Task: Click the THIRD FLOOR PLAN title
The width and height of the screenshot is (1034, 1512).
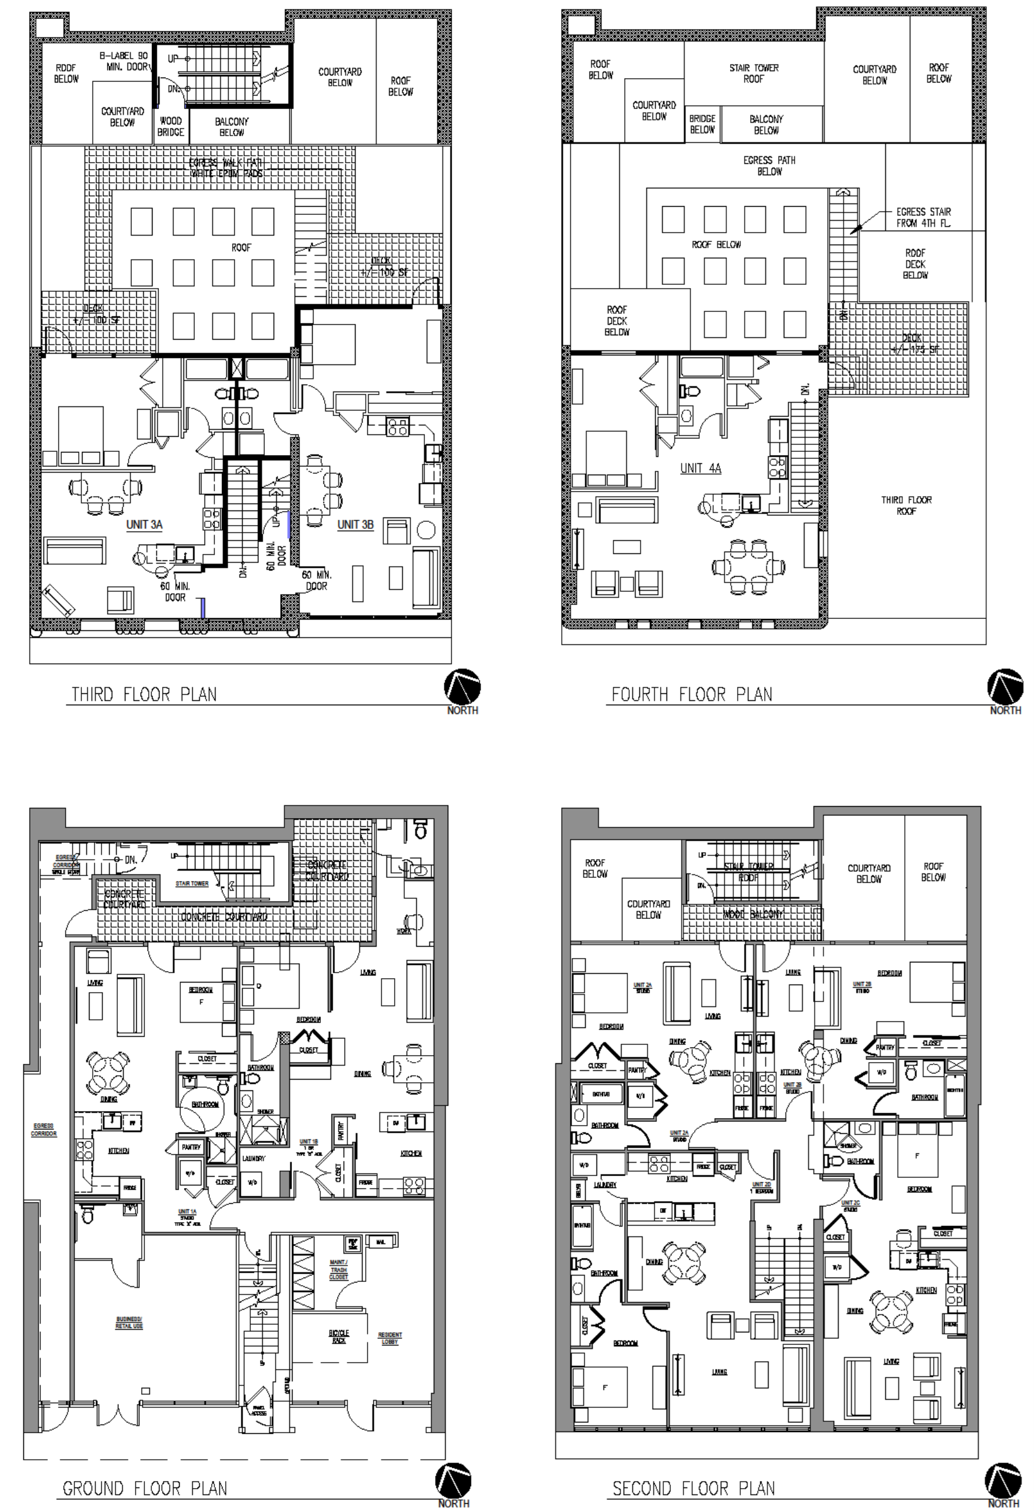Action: [144, 694]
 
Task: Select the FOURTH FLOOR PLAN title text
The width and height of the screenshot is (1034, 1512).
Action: [692, 694]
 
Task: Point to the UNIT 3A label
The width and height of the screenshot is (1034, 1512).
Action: [144, 524]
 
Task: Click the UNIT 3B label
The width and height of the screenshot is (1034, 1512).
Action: [356, 524]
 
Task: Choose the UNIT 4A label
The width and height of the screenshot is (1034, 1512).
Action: [700, 468]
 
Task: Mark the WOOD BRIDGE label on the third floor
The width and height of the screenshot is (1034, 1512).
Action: [170, 126]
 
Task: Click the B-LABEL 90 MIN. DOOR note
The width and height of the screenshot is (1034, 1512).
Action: [124, 61]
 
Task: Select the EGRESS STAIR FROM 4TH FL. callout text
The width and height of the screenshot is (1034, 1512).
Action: [923, 217]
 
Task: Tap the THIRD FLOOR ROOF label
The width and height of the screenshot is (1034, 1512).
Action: [907, 505]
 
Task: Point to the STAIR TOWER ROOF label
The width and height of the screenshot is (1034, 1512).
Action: [753, 73]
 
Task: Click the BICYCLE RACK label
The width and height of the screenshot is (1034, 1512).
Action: [339, 1336]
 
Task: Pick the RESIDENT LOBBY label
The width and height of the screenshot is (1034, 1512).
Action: [390, 1338]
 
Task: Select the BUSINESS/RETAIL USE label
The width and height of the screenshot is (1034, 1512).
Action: [129, 1323]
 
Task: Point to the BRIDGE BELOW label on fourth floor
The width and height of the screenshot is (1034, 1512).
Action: [702, 124]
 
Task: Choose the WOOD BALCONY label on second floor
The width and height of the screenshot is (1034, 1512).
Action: [753, 914]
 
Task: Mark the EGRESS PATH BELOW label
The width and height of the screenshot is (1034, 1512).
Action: [769, 165]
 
